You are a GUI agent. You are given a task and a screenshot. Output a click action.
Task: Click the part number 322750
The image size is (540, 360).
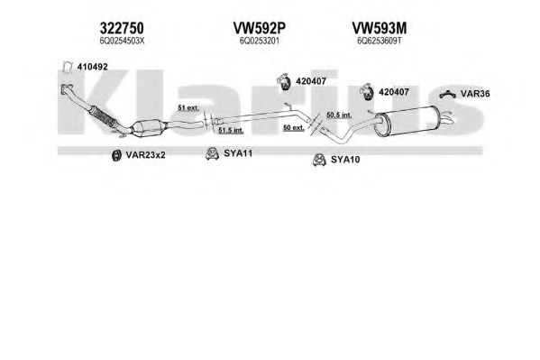(122, 28)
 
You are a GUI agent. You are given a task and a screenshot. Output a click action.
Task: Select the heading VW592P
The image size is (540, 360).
(260, 28)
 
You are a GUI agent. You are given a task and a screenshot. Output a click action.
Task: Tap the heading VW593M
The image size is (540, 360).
(380, 28)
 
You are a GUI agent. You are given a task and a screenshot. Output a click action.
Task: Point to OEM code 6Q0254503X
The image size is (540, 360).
(122, 41)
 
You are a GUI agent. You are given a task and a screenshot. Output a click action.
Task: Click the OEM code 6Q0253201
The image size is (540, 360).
(260, 41)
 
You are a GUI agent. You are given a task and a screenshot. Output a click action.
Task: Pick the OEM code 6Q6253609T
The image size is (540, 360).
(380, 41)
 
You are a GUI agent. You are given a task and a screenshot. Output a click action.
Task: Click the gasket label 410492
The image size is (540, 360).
(92, 67)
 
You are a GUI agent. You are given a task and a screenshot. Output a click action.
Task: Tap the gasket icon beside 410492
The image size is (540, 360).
(68, 67)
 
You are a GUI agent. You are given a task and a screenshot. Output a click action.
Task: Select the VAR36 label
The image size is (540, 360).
(475, 94)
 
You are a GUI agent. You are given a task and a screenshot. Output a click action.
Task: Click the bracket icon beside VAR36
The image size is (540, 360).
(447, 94)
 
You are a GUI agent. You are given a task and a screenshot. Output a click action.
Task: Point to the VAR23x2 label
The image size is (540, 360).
(145, 155)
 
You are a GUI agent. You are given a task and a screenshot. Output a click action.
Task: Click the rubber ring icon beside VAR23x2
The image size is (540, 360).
(117, 155)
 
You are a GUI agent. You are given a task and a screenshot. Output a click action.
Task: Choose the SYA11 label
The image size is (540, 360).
(238, 153)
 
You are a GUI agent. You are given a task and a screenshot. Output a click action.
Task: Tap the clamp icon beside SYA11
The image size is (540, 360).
(212, 153)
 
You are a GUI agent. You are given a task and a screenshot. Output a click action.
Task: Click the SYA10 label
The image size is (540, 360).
(345, 160)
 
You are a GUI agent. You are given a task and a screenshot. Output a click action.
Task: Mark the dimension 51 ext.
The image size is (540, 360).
(188, 107)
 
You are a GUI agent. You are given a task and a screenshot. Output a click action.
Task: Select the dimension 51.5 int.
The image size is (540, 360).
(231, 130)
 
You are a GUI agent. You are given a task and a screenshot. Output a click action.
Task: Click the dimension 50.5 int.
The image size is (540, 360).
(339, 115)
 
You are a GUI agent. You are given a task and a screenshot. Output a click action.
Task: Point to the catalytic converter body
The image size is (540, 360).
(149, 128)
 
